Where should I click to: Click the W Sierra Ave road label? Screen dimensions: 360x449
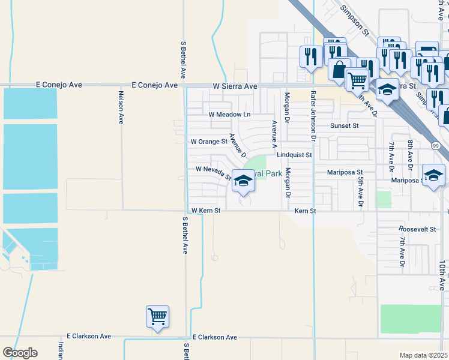(235, 86)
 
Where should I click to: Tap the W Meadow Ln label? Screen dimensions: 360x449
(229, 114)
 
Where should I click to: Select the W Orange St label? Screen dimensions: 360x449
(209, 142)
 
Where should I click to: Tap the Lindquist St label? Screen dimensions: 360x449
(295, 155)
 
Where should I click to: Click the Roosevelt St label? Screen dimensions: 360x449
(417, 229)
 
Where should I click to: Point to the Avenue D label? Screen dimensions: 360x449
(238, 145)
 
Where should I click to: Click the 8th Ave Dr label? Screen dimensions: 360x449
(410, 152)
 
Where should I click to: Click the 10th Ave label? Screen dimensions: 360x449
(442, 275)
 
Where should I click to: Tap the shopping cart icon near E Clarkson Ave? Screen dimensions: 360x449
(157, 316)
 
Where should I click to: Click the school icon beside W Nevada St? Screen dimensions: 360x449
(243, 181)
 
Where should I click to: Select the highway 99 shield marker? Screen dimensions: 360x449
(436, 146)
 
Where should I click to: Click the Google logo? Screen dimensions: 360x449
(20, 353)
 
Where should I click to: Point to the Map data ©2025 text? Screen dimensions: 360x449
(423, 355)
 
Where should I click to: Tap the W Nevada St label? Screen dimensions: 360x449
(214, 173)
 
